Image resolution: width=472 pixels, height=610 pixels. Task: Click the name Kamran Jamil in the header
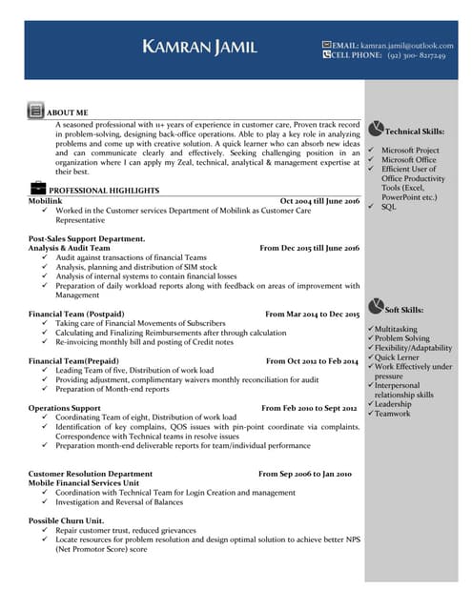199,47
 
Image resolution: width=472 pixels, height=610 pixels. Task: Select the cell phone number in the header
417,55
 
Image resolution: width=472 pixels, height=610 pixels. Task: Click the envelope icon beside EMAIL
327,44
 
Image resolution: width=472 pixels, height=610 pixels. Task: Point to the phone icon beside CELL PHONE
327,55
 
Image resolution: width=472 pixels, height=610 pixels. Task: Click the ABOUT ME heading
68,112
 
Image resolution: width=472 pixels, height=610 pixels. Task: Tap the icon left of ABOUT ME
35,112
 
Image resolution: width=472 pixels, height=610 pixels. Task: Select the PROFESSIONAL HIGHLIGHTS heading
104,191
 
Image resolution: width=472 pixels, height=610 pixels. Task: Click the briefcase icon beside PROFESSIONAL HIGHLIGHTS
37,188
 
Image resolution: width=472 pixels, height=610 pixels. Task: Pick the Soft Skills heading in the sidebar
404,310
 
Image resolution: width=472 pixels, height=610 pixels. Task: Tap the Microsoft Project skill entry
409,151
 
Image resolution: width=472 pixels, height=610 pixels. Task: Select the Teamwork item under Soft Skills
392,414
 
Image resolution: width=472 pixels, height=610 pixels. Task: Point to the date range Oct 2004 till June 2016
319,202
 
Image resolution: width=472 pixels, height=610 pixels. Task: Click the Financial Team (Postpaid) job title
76,314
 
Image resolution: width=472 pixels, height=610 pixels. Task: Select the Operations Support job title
64,408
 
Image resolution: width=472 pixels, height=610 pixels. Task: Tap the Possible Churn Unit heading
66,520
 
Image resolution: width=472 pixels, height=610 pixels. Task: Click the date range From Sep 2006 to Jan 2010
305,474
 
